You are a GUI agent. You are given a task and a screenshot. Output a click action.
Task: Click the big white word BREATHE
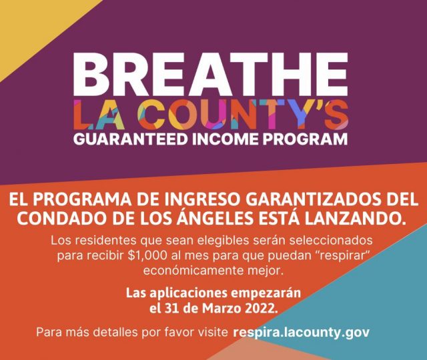coord(211,73)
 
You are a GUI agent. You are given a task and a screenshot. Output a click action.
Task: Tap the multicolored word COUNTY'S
coord(243,115)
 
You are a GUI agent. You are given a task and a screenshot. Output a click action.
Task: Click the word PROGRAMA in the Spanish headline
coord(79,199)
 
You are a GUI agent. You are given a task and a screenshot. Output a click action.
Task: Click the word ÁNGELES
coord(216,217)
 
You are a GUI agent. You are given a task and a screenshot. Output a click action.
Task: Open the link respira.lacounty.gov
coord(301,333)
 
